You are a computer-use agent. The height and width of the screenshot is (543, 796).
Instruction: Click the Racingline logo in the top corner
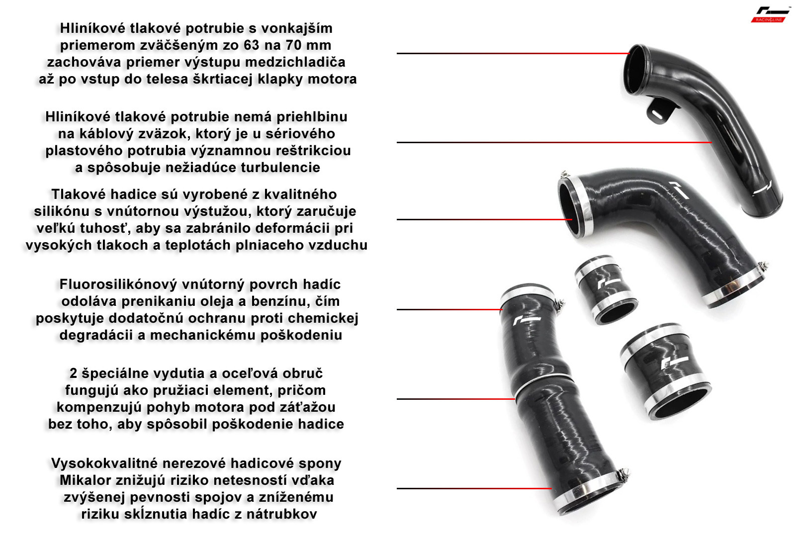coord(769,14)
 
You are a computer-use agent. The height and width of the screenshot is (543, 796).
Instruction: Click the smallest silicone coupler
coord(606,289)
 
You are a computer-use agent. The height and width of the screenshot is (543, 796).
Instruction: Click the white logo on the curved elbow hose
coord(680,190)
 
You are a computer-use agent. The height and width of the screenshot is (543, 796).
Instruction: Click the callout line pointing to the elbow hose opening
coord(484,220)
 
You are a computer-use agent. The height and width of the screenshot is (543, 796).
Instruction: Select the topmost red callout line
coord(513,53)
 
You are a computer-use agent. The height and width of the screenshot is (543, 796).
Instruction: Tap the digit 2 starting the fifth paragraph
coord(73,373)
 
